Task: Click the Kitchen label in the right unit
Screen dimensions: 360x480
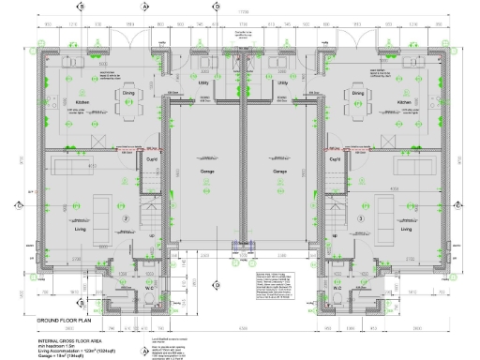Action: pyautogui.click(x=404, y=102)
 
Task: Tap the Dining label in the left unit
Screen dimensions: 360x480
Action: pyautogui.click(x=128, y=93)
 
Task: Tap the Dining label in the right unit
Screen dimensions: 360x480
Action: pyautogui.click(x=357, y=93)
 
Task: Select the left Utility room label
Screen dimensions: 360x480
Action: pyautogui.click(x=202, y=83)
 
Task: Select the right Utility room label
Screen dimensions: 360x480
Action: pyautogui.click(x=282, y=83)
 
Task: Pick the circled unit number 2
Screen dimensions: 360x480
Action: pyautogui.click(x=125, y=218)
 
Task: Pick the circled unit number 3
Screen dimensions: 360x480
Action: pyautogui.click(x=359, y=218)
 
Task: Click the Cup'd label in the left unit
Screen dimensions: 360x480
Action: pyautogui.click(x=150, y=159)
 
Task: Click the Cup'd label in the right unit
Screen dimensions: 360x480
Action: pyautogui.click(x=334, y=159)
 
